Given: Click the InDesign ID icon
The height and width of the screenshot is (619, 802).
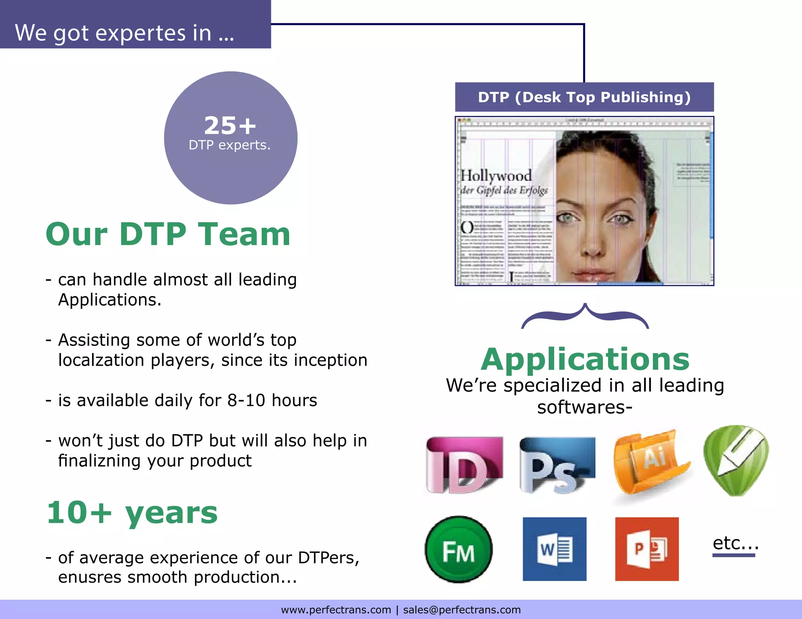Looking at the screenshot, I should click(464, 465).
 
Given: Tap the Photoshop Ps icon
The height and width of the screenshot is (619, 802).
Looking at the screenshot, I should click(557, 465).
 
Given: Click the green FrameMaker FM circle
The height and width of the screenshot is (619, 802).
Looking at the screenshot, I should click(459, 549).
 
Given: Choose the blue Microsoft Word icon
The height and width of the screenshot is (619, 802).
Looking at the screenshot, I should click(555, 549).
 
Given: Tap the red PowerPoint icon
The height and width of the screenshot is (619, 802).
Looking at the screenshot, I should click(647, 549).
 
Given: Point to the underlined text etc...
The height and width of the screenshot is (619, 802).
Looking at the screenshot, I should click(735, 543).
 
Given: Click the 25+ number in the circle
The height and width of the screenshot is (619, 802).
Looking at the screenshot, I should click(230, 126).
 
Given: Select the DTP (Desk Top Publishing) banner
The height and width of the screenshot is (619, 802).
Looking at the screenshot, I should click(584, 97).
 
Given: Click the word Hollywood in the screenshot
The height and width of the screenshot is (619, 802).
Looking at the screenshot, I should click(496, 176).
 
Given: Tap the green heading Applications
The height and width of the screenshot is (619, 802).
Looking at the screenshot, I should click(585, 359).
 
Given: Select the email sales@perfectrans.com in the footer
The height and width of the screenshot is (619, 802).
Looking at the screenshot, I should click(462, 610).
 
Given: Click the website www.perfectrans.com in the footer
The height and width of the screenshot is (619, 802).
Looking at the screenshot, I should click(336, 610).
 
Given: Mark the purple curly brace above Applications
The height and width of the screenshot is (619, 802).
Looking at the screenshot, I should click(585, 316).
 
